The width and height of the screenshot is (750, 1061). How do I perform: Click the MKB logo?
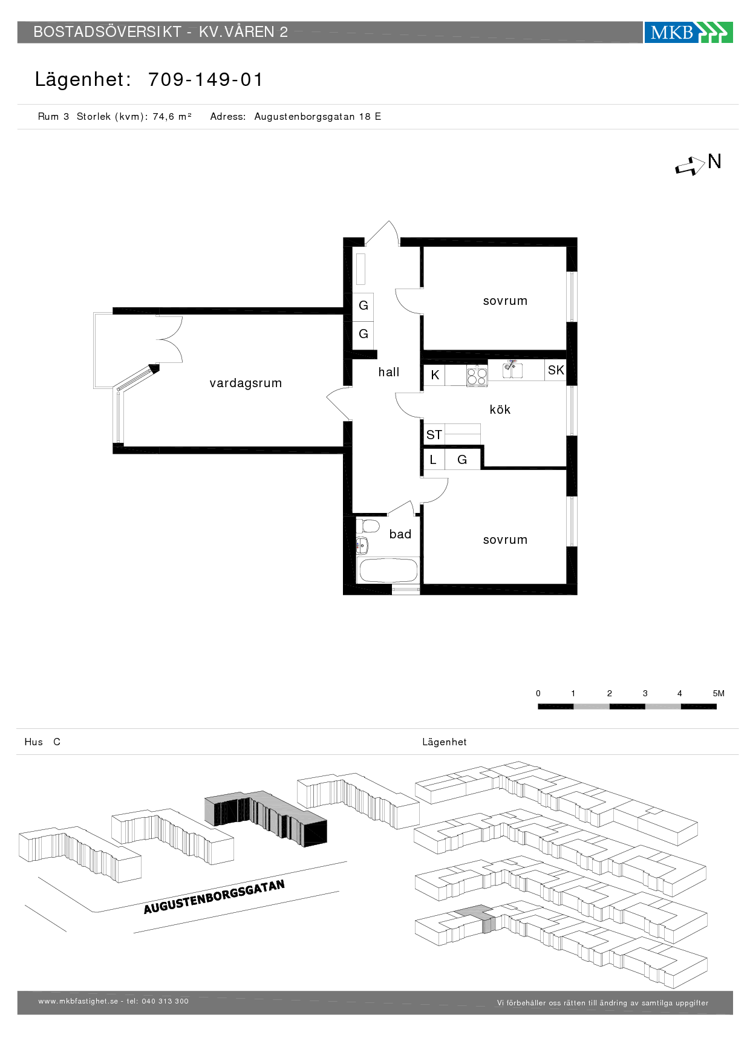click(688, 32)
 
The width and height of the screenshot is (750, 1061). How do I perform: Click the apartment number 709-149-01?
click(206, 79)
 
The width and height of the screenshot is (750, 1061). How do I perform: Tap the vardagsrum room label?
click(246, 383)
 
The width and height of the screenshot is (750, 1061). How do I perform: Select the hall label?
click(389, 372)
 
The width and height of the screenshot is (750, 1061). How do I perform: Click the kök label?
click(500, 410)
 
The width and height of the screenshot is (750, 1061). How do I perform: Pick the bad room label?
click(400, 534)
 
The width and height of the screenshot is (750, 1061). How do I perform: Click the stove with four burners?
click(477, 376)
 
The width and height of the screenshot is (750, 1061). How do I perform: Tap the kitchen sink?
click(513, 369)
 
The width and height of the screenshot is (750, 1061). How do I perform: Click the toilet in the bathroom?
click(367, 525)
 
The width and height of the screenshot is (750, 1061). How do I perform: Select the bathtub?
click(387, 570)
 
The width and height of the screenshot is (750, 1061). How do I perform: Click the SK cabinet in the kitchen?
click(555, 370)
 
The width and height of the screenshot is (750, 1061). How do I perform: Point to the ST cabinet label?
click(434, 435)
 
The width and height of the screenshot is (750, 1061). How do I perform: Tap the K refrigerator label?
click(435, 375)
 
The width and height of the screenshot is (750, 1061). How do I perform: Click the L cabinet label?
click(433, 460)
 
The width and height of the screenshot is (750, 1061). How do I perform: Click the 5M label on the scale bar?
click(719, 693)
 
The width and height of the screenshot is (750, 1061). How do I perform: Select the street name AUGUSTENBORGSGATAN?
click(214, 897)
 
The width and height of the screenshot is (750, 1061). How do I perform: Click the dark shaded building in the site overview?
click(266, 818)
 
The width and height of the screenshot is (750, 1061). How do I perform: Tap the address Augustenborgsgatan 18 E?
click(318, 116)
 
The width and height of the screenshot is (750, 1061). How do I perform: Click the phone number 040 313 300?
click(165, 1001)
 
